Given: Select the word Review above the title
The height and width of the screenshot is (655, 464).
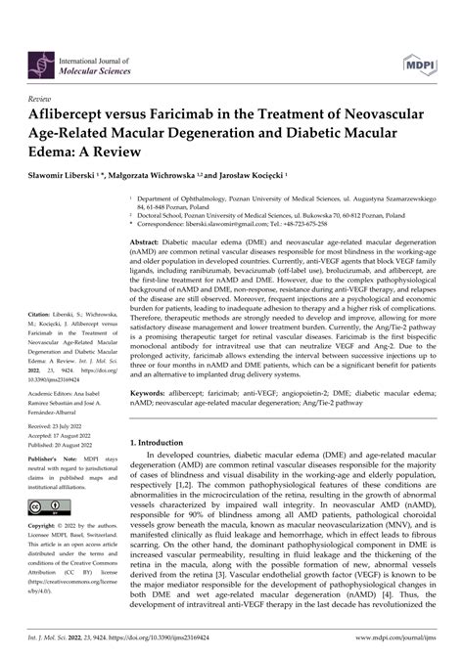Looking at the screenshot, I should [x=41, y=72].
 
